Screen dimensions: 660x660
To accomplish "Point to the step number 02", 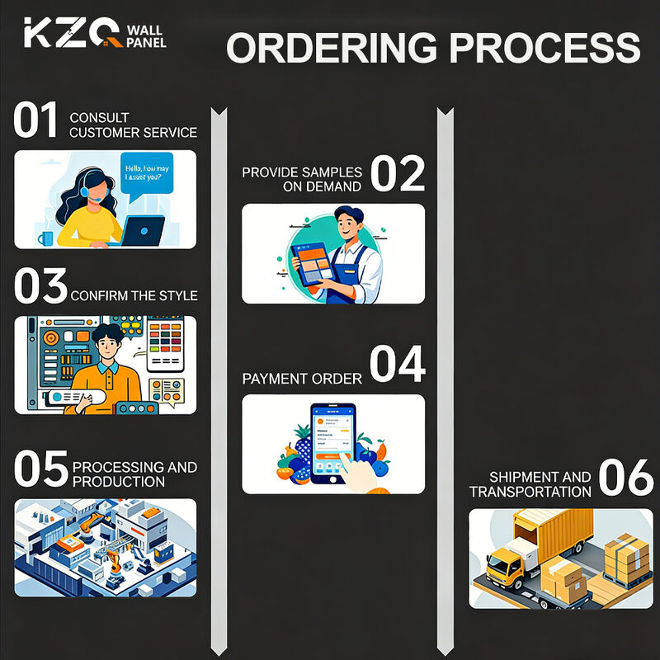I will click(x=398, y=173).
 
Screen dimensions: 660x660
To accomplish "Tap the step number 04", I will click(x=398, y=365).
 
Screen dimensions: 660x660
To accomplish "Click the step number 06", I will click(x=626, y=478).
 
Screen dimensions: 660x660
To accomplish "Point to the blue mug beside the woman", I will click(x=45, y=238).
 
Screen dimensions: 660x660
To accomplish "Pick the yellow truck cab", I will click(x=504, y=564).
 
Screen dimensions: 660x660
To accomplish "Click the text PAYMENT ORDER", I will click(x=302, y=379).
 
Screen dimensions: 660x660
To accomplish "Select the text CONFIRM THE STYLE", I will click(x=134, y=295).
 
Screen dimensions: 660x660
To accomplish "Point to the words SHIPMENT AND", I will click(x=540, y=477).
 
